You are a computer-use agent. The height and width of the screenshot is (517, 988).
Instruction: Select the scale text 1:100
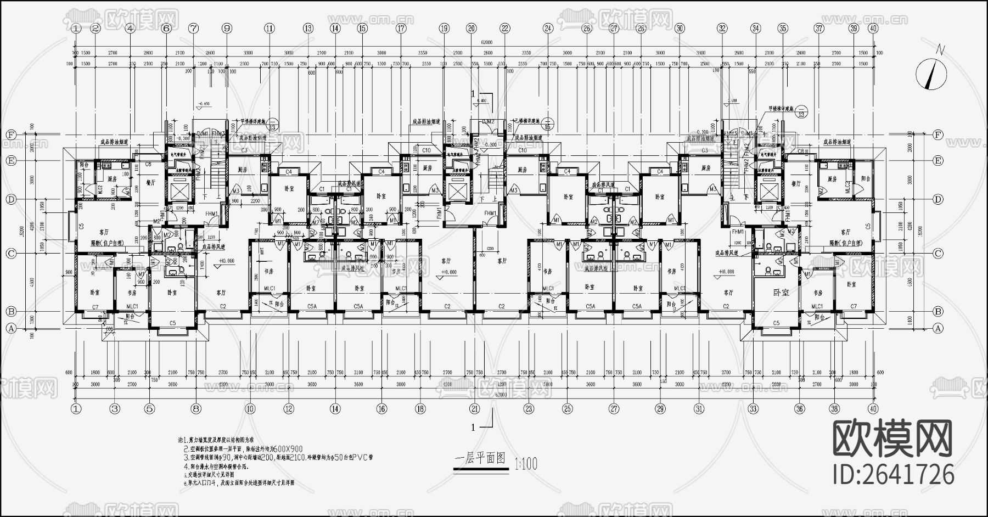pyautogui.click(x=526, y=464)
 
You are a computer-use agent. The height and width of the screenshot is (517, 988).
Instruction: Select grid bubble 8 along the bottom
pyautogui.click(x=197, y=408)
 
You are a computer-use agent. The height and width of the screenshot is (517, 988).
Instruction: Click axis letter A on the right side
pyautogui.click(x=938, y=328)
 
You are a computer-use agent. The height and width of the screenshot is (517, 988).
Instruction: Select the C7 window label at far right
pyautogui.click(x=853, y=306)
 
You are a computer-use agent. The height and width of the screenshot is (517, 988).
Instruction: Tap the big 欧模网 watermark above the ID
pyautogui.click(x=892, y=439)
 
